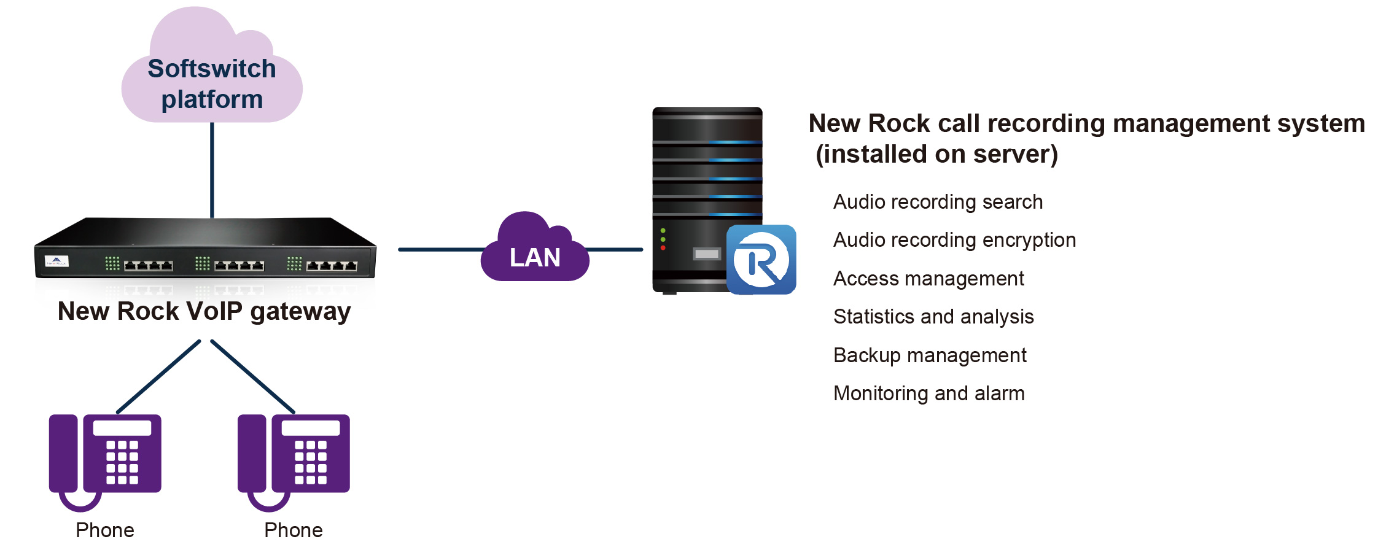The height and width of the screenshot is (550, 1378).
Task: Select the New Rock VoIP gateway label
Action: coord(204,311)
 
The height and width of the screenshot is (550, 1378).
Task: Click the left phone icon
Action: coord(106,457)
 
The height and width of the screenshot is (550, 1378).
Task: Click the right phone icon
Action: coord(294,457)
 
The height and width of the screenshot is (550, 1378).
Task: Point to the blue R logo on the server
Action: coord(761,260)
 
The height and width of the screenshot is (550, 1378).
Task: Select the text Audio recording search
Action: coord(938,202)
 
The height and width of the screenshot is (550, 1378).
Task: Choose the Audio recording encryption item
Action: coord(954,240)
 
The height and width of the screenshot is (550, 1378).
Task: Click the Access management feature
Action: coord(928,279)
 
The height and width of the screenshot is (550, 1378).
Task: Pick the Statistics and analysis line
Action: coord(933,317)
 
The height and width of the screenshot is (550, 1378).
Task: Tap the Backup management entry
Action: coord(930,355)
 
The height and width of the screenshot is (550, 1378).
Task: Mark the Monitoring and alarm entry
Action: coord(928,393)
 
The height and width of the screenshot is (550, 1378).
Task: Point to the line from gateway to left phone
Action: coord(158,376)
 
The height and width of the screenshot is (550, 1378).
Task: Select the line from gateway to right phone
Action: coord(253,376)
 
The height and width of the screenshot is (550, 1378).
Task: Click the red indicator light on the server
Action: coord(663,248)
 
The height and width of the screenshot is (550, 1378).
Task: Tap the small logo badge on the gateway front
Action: coord(56,261)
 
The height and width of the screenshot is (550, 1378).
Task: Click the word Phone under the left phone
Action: coord(105,530)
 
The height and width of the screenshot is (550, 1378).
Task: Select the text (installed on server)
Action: coord(936,154)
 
